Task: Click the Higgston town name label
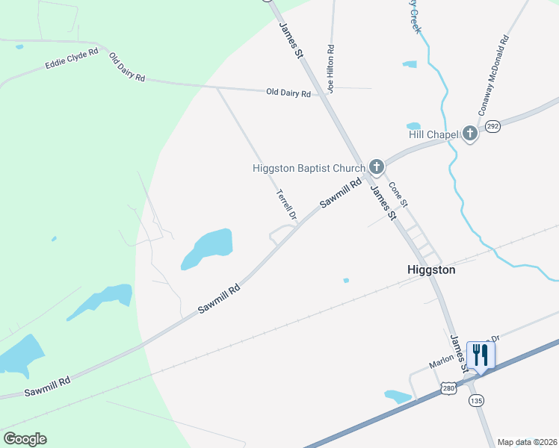click(x=431, y=270)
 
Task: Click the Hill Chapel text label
click(x=433, y=134)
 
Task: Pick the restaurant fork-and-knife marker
click(x=479, y=355)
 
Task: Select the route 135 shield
click(x=476, y=401)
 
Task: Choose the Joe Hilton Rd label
click(x=330, y=67)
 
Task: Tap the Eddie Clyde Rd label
click(x=72, y=58)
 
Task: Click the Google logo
click(x=25, y=438)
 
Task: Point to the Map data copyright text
click(x=527, y=441)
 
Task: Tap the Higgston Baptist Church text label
click(x=309, y=168)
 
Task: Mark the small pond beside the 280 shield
click(x=397, y=396)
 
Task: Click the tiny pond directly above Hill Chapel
click(x=413, y=126)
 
